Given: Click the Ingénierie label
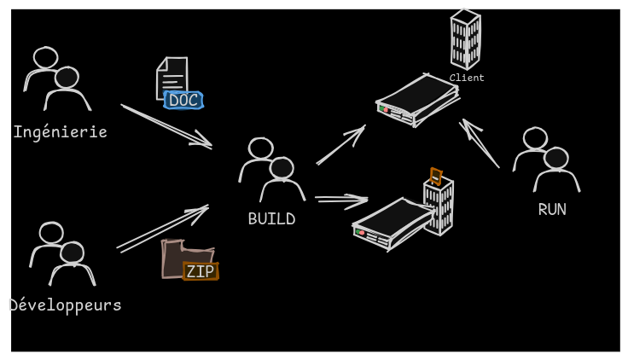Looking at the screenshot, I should click(x=60, y=132).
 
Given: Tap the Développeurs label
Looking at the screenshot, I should click(x=65, y=305).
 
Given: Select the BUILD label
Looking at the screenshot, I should click(x=271, y=219).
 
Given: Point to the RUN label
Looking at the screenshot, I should click(x=552, y=209).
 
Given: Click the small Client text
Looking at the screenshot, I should click(x=467, y=78).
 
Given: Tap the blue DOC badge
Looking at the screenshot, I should click(x=183, y=101).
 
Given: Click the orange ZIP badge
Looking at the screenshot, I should click(x=201, y=271).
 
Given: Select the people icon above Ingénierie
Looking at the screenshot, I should click(x=57, y=78).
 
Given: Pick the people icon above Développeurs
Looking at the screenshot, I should click(x=62, y=253).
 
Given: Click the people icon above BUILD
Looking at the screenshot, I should click(x=271, y=170).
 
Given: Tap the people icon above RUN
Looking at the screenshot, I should click(x=546, y=160).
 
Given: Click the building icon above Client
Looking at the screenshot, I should click(x=465, y=38).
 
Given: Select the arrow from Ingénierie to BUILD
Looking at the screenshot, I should click(x=166, y=126).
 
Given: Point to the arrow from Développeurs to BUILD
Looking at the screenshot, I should click(x=162, y=228).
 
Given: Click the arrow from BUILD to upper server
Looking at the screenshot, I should click(x=340, y=145).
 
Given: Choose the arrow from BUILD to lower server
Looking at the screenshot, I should click(x=341, y=200).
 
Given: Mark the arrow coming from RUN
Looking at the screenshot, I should click(x=480, y=142).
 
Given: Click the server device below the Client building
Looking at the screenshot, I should click(x=416, y=100).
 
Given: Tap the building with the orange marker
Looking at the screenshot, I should click(x=439, y=205).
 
